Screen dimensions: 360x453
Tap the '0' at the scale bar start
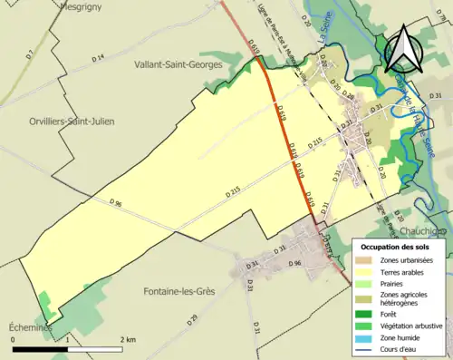(x=14, y=339)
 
